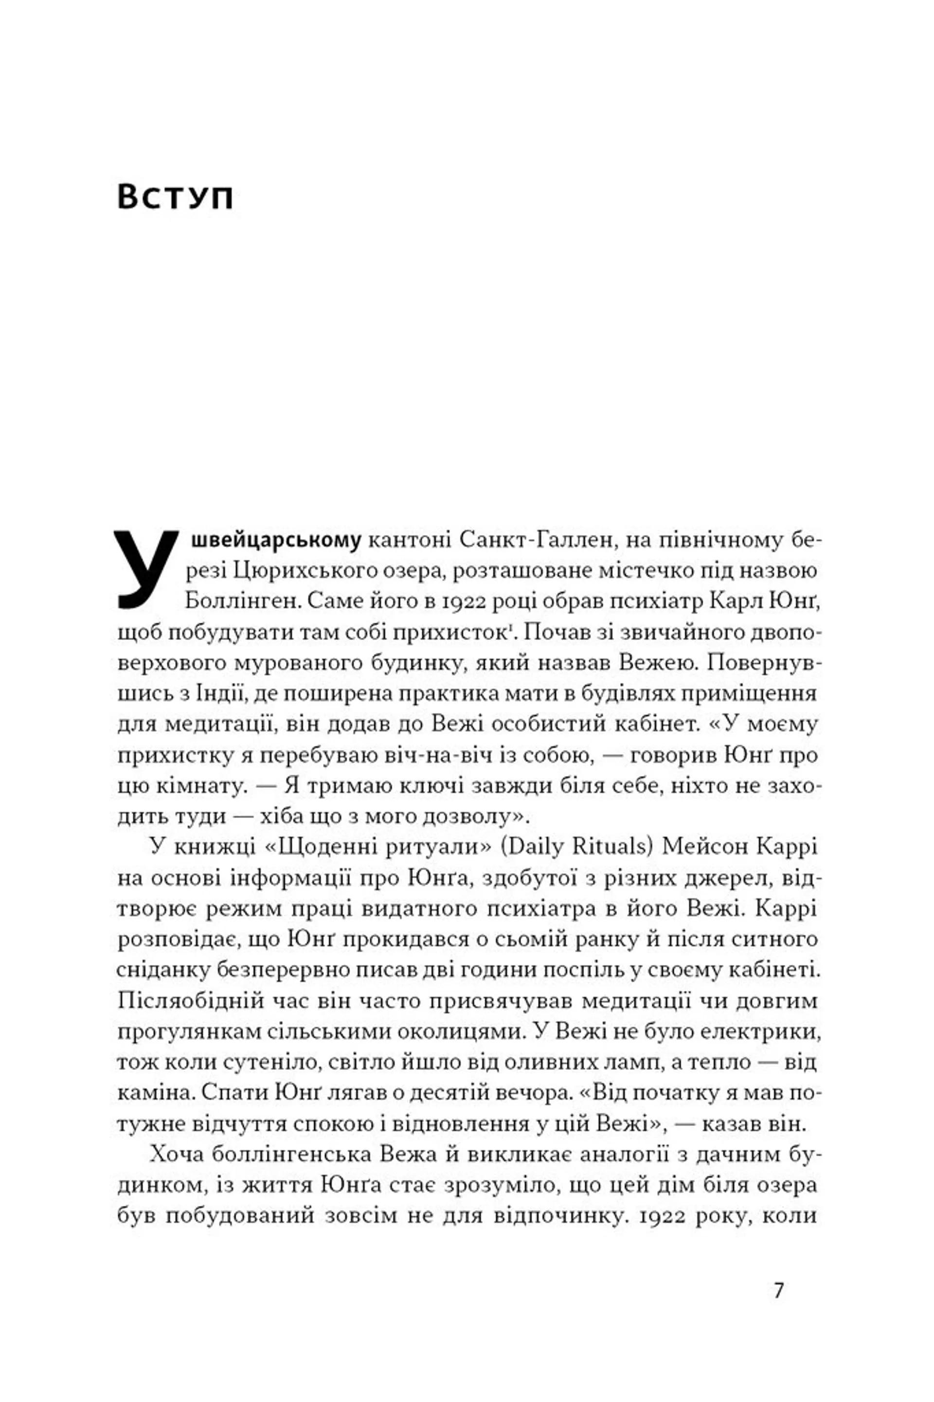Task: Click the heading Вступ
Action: [x=175, y=196]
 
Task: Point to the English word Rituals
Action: [x=614, y=847]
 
